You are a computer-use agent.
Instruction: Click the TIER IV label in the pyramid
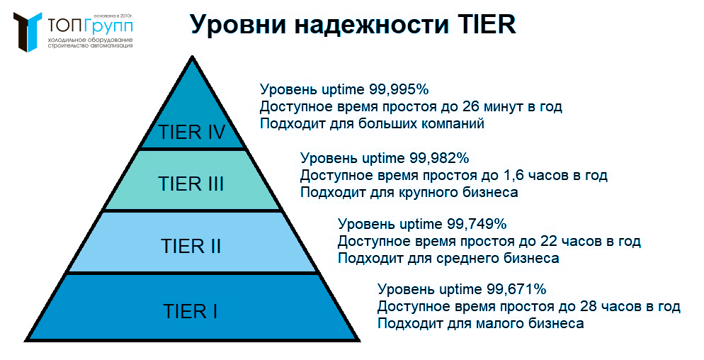192,133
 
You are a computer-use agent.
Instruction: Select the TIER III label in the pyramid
191,184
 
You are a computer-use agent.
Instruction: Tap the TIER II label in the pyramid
191,247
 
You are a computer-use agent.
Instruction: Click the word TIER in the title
483,26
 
